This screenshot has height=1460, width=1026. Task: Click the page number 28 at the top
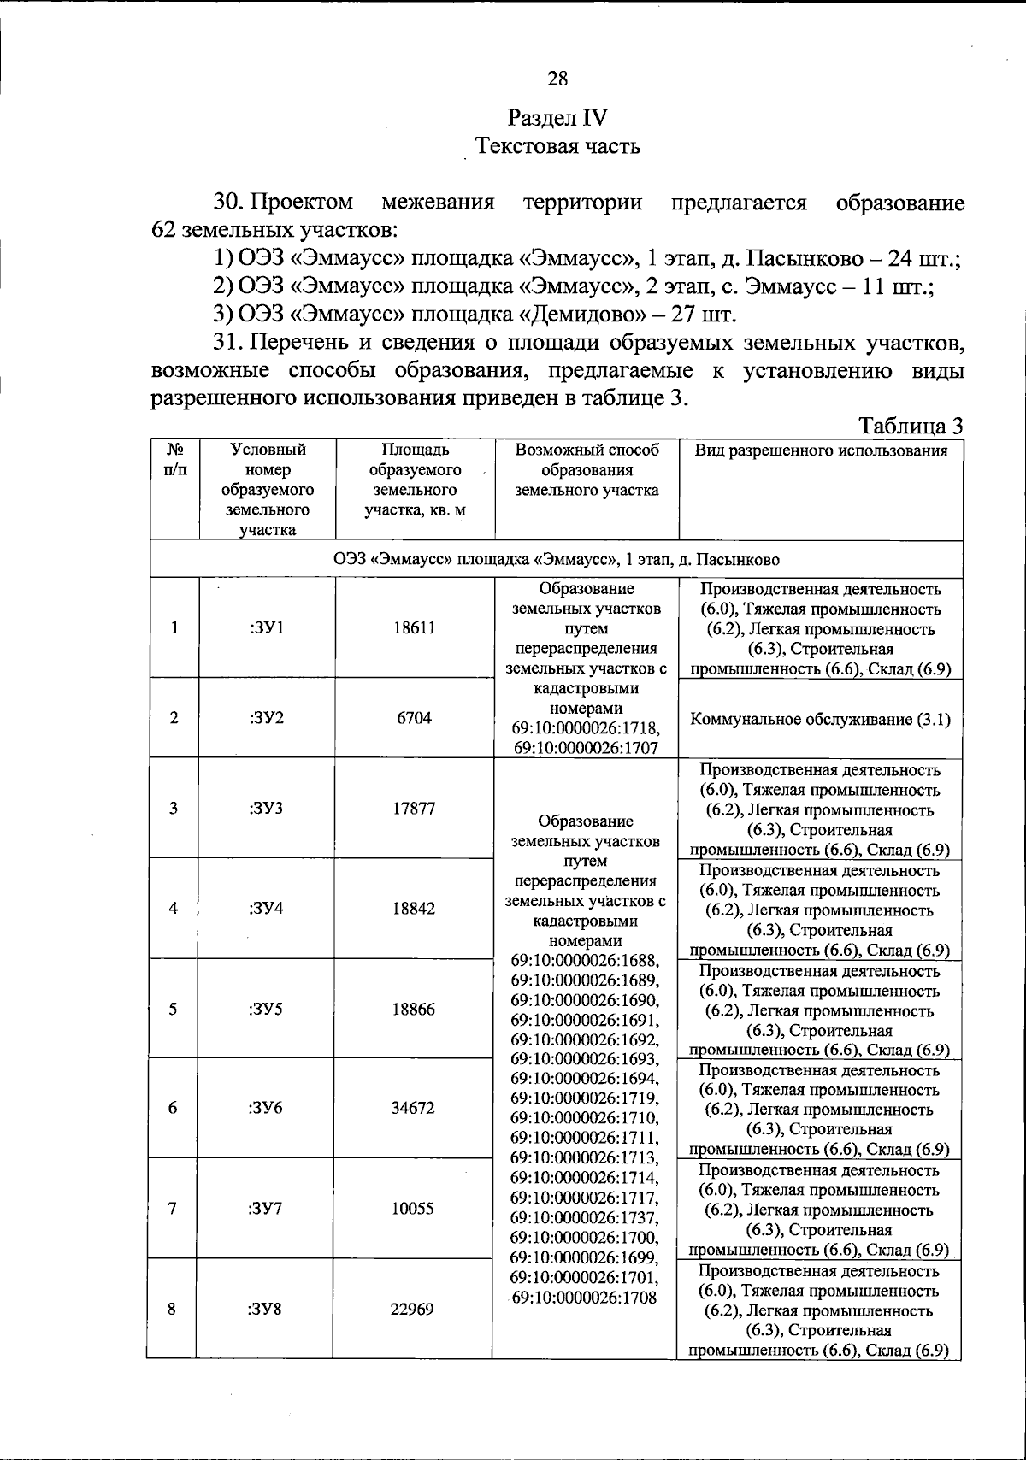point(557,79)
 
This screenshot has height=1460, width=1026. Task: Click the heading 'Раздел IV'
point(557,117)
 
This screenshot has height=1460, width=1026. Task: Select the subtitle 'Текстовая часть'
point(557,146)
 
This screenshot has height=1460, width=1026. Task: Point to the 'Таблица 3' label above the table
point(911,426)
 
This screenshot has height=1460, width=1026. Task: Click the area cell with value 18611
point(415,628)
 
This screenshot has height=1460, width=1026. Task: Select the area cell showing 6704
point(414,718)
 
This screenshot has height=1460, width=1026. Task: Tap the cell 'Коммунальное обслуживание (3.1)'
point(820,719)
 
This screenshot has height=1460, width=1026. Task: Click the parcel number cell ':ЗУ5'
point(266,1010)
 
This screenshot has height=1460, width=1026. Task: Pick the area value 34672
point(414,1108)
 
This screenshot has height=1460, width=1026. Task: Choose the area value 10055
point(414,1209)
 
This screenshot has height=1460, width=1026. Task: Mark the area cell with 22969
point(413,1309)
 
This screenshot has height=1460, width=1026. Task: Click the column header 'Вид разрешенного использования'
point(820,451)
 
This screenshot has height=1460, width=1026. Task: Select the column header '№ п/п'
point(174,460)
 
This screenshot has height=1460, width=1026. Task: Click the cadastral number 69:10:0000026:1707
point(586,748)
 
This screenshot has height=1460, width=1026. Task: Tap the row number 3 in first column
point(174,808)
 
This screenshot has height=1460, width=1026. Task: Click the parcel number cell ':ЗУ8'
point(265,1309)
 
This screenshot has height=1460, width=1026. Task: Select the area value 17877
point(414,809)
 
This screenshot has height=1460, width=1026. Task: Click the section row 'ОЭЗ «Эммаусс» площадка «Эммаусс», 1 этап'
point(556,560)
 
